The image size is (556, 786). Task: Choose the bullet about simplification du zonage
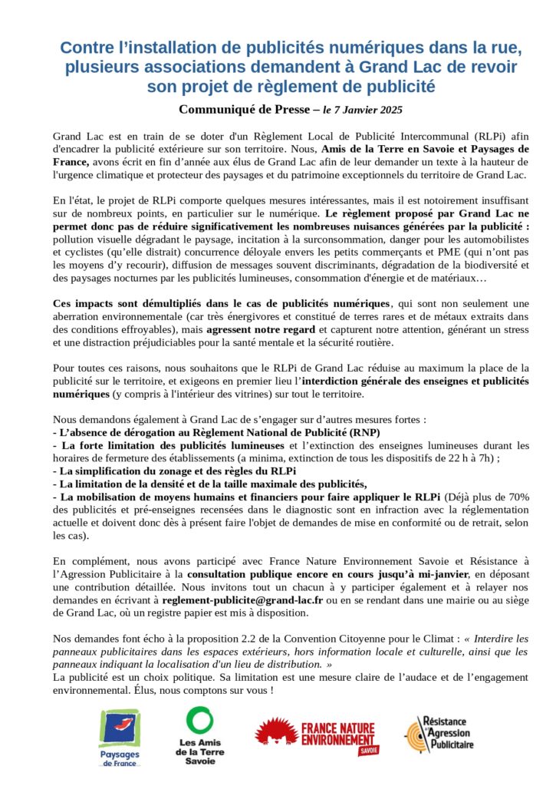point(175,471)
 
